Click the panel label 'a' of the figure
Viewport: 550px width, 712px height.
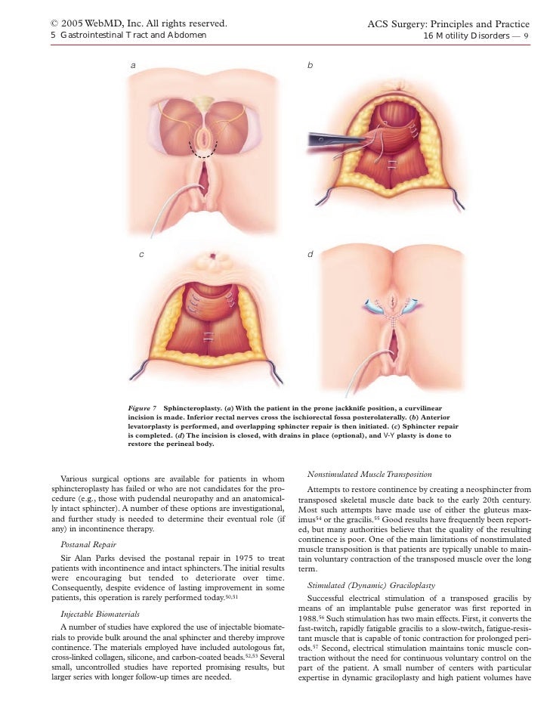[x=134, y=66]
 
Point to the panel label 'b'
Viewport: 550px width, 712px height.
[x=310, y=66]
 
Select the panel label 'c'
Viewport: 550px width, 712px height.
[x=141, y=254]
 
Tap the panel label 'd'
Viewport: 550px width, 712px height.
[x=310, y=254]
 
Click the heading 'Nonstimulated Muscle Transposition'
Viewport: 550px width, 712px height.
[x=369, y=474]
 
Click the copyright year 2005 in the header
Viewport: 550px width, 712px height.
[x=74, y=23]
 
